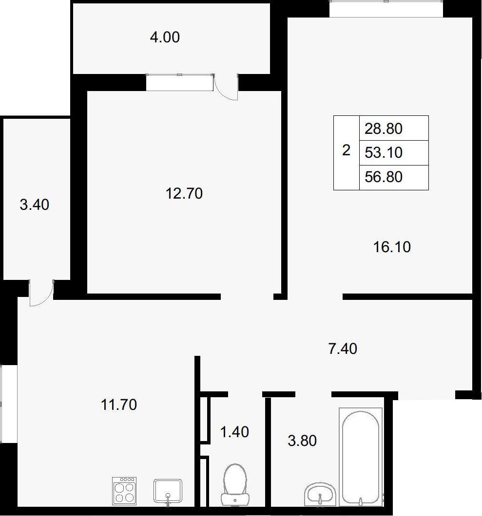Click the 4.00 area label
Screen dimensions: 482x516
click(x=165, y=37)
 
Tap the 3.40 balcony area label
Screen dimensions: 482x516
click(x=35, y=204)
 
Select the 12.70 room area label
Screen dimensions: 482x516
click(x=184, y=194)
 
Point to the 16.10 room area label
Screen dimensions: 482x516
click(x=392, y=247)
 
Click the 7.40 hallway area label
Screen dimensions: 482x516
click(x=343, y=349)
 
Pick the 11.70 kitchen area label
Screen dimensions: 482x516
click(x=118, y=405)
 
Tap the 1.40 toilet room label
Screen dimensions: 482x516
click(x=234, y=432)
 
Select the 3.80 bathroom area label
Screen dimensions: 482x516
click(x=302, y=441)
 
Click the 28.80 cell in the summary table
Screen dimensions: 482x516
click(x=384, y=129)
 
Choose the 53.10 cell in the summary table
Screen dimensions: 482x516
click(x=384, y=153)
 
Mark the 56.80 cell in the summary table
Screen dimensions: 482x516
click(x=384, y=177)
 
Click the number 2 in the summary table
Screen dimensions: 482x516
click(x=346, y=150)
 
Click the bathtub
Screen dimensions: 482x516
click(x=361, y=457)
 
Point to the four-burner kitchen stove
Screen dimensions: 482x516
click(x=124, y=491)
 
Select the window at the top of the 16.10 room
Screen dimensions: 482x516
click(x=386, y=9)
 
